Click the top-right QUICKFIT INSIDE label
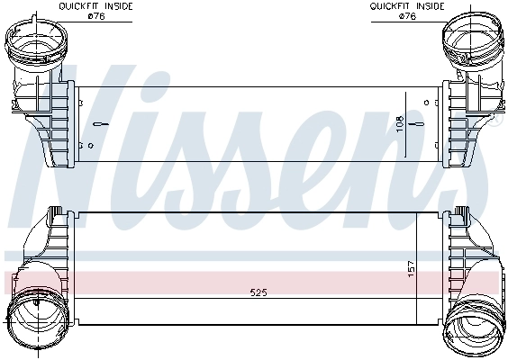[407, 5]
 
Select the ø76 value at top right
[407, 14]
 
